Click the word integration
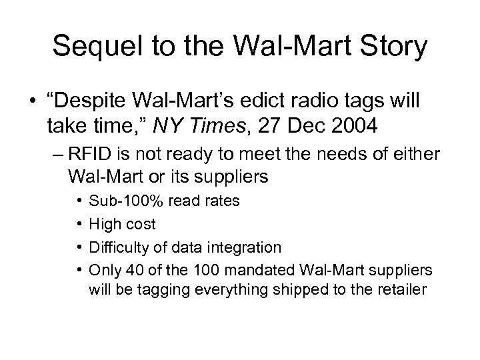(x=249, y=247)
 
